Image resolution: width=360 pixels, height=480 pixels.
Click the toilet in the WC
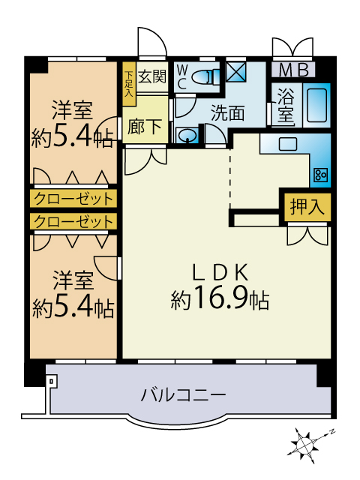[207, 76]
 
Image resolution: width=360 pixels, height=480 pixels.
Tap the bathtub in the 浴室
[316, 105]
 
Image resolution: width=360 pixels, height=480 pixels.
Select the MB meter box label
[293, 70]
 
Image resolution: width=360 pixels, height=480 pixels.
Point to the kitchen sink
[288, 144]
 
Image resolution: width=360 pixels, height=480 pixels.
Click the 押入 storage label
[307, 207]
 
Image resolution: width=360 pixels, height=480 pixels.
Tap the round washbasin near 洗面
[187, 136]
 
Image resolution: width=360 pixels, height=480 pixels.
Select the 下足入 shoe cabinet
[129, 84]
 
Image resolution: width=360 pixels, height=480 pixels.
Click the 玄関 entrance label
[152, 76]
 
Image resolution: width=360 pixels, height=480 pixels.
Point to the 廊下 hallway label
[145, 126]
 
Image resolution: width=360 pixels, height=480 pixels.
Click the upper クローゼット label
[73, 199]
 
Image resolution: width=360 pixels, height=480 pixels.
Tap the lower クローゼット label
[73, 222]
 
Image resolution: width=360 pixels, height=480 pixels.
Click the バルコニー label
[183, 394]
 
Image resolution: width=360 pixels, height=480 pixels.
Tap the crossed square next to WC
[236, 72]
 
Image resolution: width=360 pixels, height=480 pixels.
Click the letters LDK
[220, 272]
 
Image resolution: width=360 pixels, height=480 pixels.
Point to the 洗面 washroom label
[228, 113]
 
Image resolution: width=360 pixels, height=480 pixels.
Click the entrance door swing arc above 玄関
[158, 36]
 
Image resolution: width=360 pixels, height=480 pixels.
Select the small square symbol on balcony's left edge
[51, 381]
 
